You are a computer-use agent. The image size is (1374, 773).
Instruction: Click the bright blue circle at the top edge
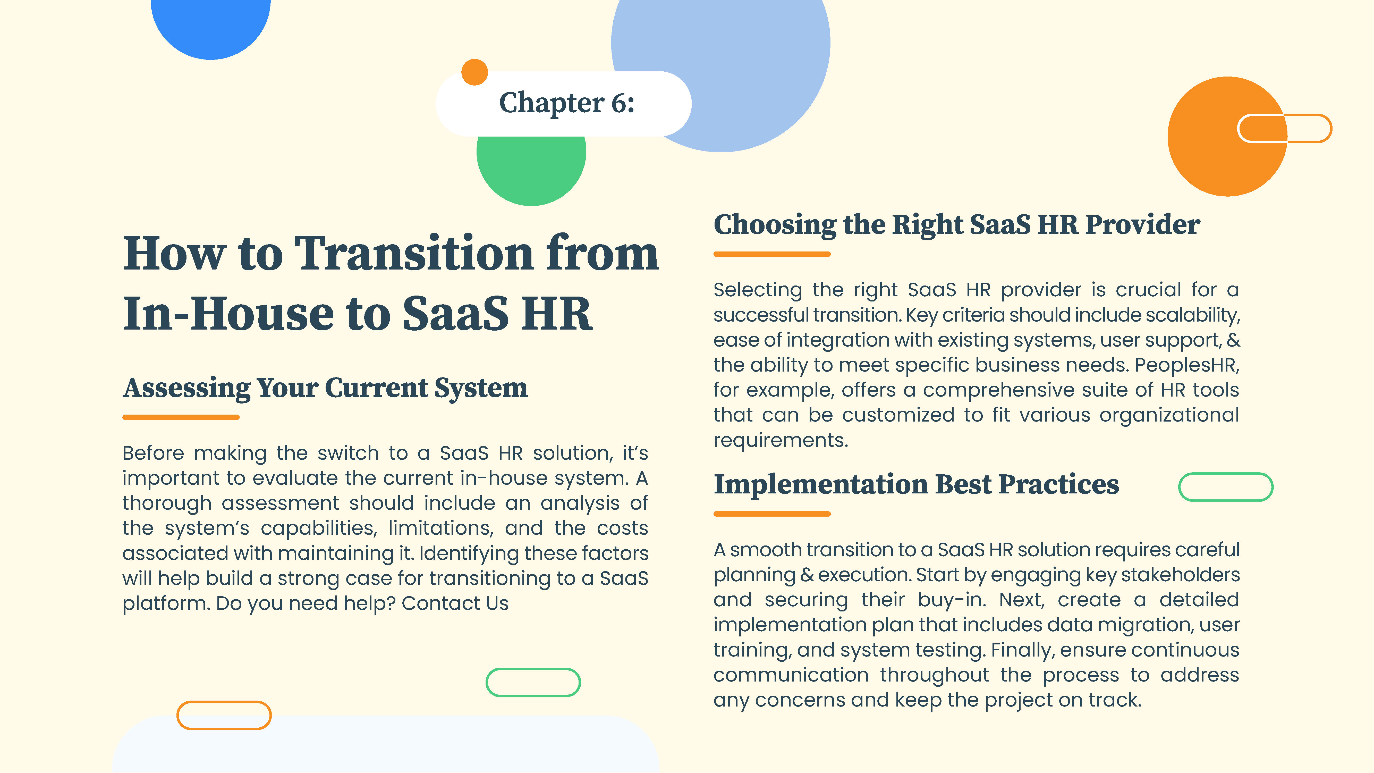[x=211, y=27]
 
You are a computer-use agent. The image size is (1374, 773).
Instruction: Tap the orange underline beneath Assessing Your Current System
[x=181, y=417]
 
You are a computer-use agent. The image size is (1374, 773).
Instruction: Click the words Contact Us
[x=455, y=603]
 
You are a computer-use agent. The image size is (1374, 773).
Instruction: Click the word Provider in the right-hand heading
[x=1143, y=224]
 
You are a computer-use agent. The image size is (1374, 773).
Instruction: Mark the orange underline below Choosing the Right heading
[x=772, y=254]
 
